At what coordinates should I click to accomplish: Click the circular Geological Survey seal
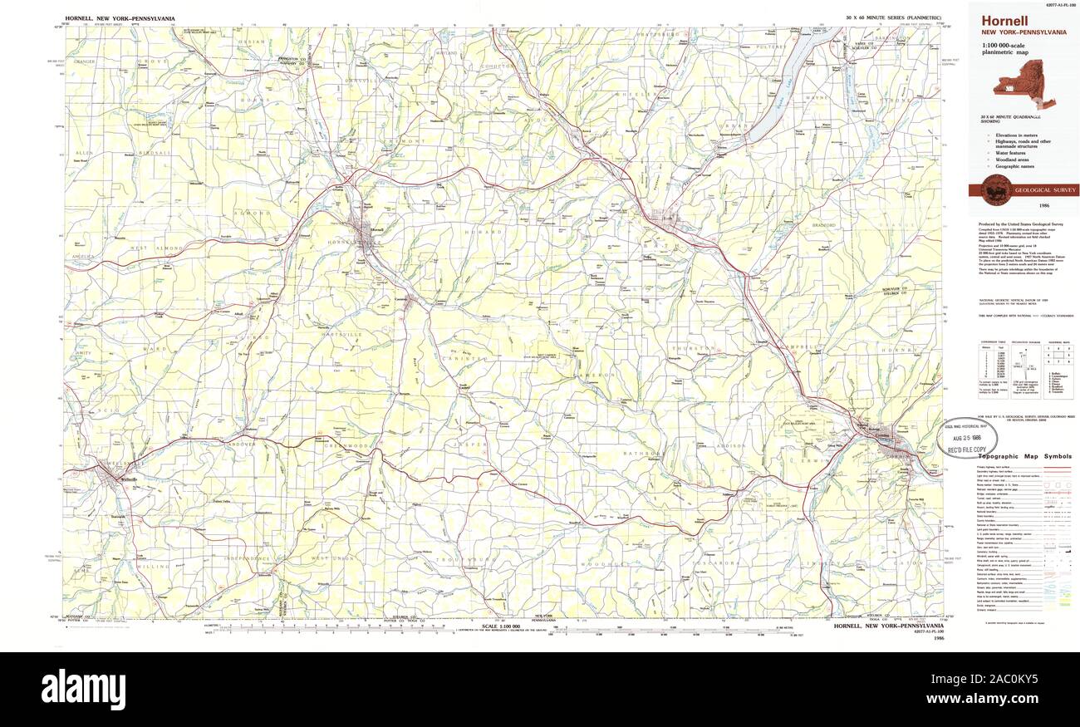[x=995, y=190]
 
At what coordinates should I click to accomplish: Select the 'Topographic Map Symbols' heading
[x=1024, y=457]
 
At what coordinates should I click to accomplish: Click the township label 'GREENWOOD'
[x=346, y=446]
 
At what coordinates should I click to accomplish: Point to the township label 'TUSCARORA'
[x=709, y=562]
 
